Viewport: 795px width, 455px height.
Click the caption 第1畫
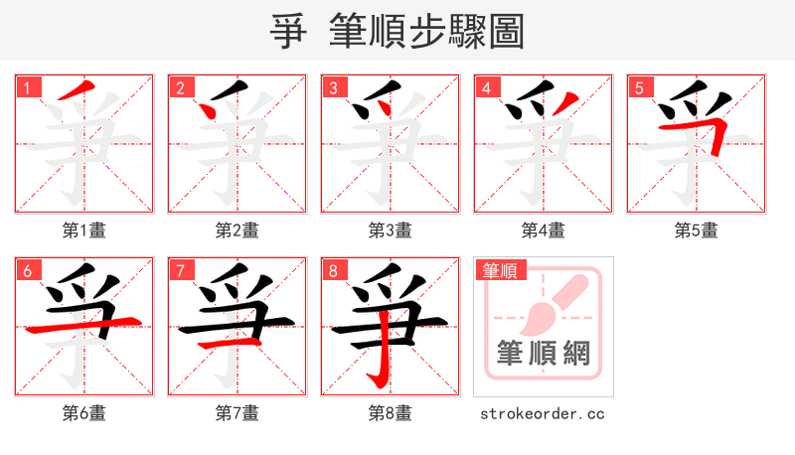click(84, 230)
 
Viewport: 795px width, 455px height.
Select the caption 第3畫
click(391, 230)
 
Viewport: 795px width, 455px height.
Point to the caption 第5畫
click(697, 230)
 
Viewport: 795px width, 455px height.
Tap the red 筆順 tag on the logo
click(502, 270)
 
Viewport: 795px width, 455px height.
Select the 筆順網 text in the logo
click(544, 353)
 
